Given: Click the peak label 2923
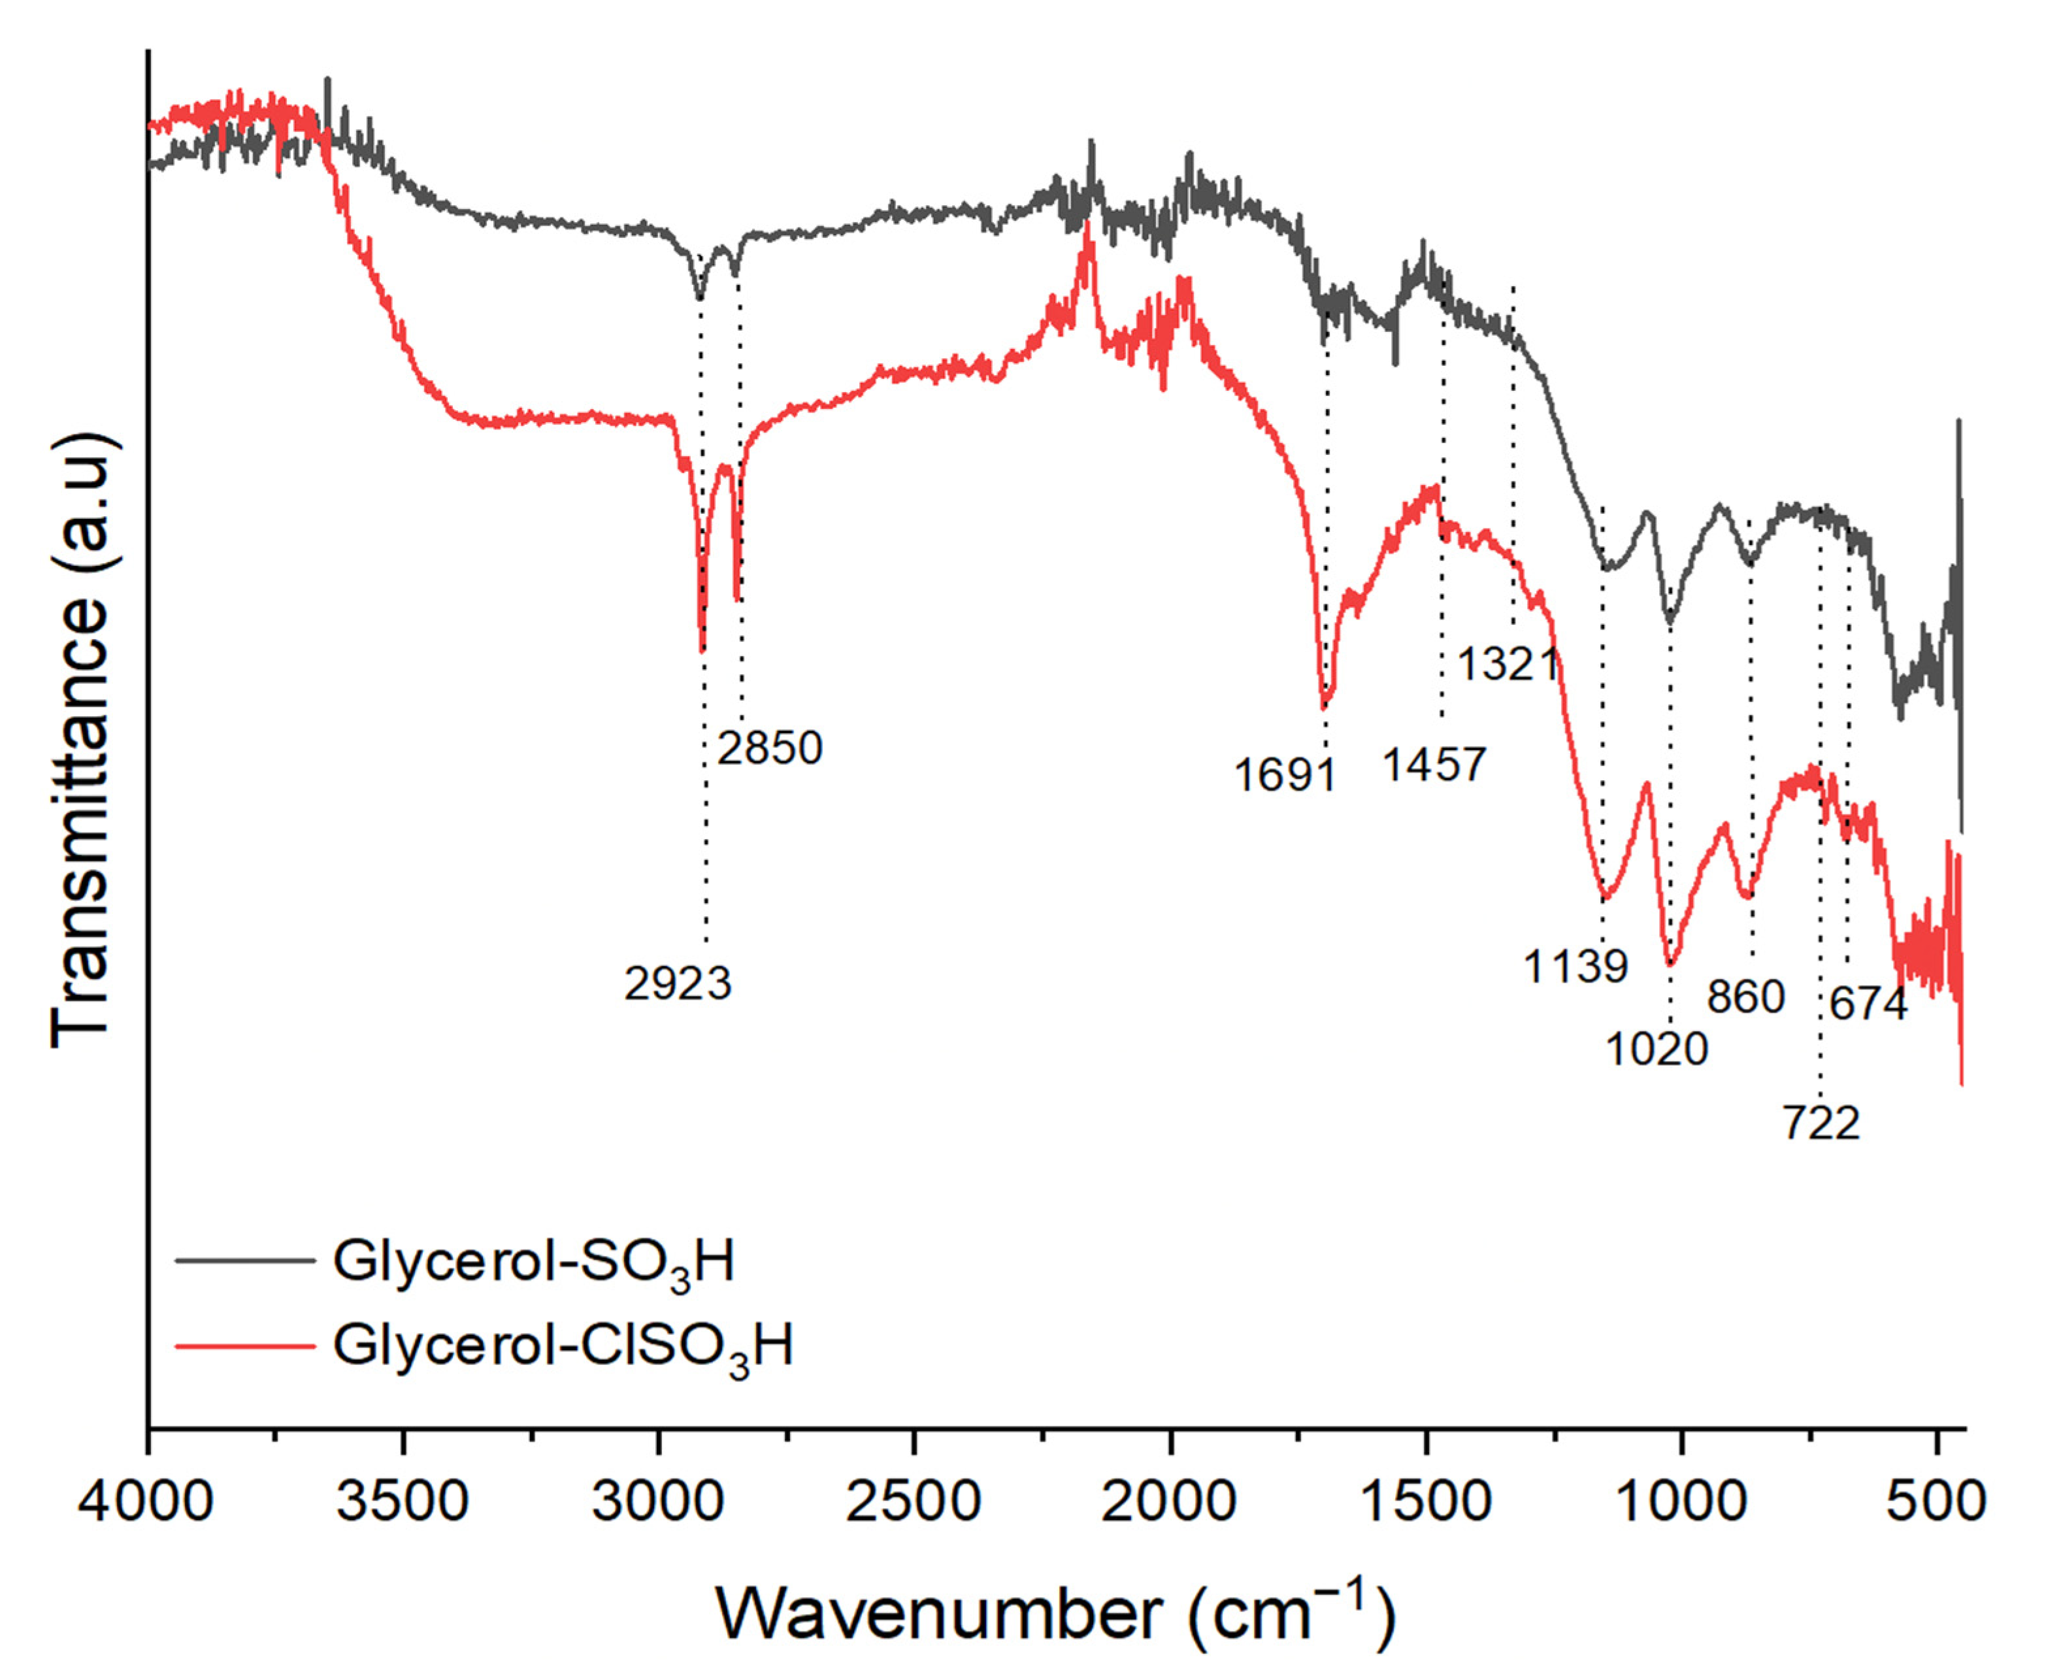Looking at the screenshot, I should (x=678, y=984).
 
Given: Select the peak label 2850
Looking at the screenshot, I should (x=769, y=747).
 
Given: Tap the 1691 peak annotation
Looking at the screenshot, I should (x=1284, y=775).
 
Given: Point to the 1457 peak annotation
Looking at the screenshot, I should (x=1433, y=765).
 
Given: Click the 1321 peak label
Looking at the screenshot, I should (x=1507, y=665).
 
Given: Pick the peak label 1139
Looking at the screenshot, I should (x=1575, y=966).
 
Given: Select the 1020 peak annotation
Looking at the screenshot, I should (x=1656, y=1049).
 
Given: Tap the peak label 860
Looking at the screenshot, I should (x=1745, y=996).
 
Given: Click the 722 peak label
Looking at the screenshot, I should (x=1821, y=1123).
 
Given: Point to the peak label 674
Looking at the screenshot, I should (x=1868, y=1004).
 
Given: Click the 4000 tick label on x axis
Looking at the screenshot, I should (x=146, y=1502).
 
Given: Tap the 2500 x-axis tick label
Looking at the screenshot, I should (x=914, y=1502).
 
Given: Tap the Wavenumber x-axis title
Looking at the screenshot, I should (x=1055, y=1612).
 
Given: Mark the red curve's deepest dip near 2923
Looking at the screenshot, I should (x=702, y=650).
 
